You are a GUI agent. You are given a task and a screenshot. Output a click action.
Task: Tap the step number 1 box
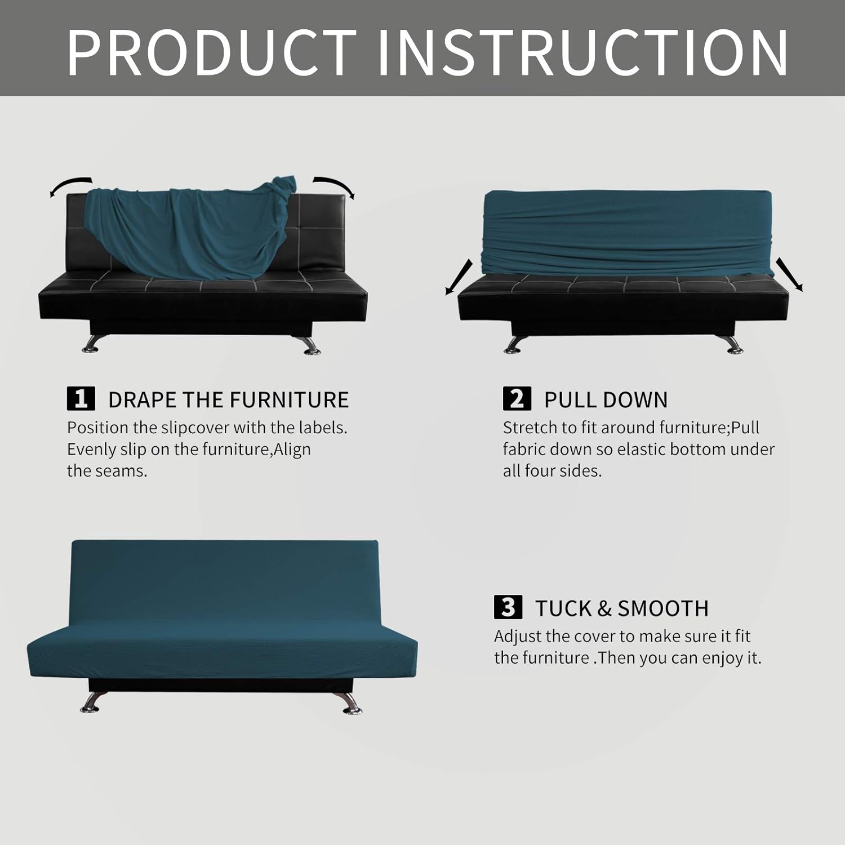(x=81, y=399)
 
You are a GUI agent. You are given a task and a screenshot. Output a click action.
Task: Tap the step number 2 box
(x=517, y=399)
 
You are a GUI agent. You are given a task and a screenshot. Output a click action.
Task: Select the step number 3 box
(x=508, y=607)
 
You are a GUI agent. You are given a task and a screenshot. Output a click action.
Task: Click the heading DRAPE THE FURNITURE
(x=228, y=400)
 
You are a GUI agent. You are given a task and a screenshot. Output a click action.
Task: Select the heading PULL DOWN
(x=606, y=400)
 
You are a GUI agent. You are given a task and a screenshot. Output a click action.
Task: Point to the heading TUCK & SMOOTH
(x=621, y=608)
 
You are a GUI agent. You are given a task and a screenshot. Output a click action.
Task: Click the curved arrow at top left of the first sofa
(x=70, y=186)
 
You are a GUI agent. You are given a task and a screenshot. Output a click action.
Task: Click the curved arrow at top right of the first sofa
(x=335, y=186)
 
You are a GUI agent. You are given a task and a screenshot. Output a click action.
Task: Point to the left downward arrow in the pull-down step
(x=459, y=277)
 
